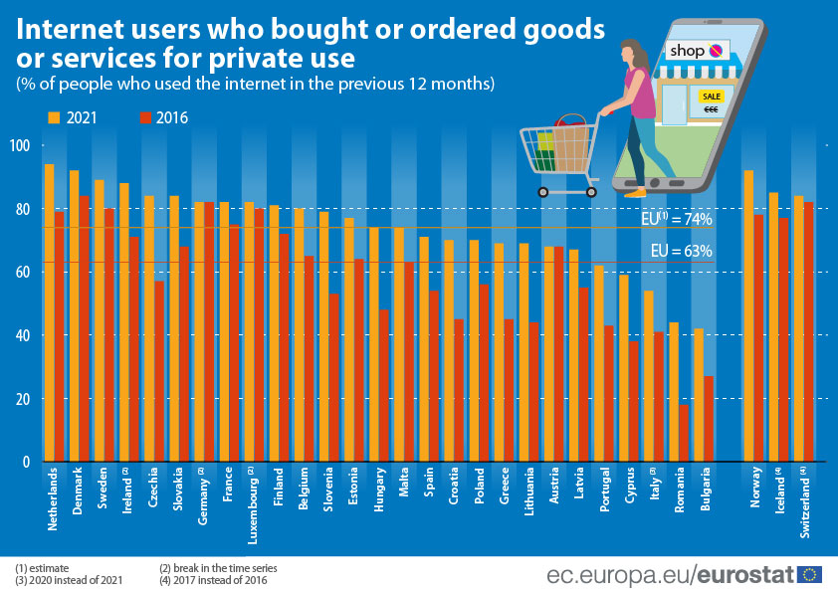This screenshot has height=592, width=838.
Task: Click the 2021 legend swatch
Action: click(x=55, y=117)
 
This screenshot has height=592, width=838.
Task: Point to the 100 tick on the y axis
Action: click(x=21, y=146)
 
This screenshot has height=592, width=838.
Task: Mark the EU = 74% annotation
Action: click(x=676, y=219)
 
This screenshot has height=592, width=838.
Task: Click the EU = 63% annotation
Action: click(x=681, y=252)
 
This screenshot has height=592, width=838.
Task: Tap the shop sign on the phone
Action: click(x=697, y=50)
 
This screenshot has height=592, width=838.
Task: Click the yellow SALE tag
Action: click(x=711, y=97)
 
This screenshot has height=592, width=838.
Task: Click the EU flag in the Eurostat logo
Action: click(x=810, y=574)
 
